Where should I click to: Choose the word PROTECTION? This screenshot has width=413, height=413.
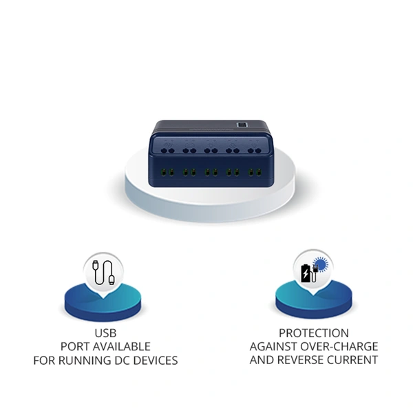pyautogui.click(x=313, y=333)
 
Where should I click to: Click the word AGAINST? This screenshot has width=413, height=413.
pyautogui.click(x=274, y=346)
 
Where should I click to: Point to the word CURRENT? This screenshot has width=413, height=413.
pyautogui.click(x=352, y=360)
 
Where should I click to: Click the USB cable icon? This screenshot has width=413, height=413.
pyautogui.click(x=104, y=271)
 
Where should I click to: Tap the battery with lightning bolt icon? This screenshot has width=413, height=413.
pyautogui.click(x=305, y=271)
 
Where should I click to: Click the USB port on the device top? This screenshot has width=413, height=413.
pyautogui.click(x=242, y=125)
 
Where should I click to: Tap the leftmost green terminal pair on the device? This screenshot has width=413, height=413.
pyautogui.click(x=166, y=171)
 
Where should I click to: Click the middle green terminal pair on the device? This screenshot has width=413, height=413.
pyautogui.click(x=210, y=171)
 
